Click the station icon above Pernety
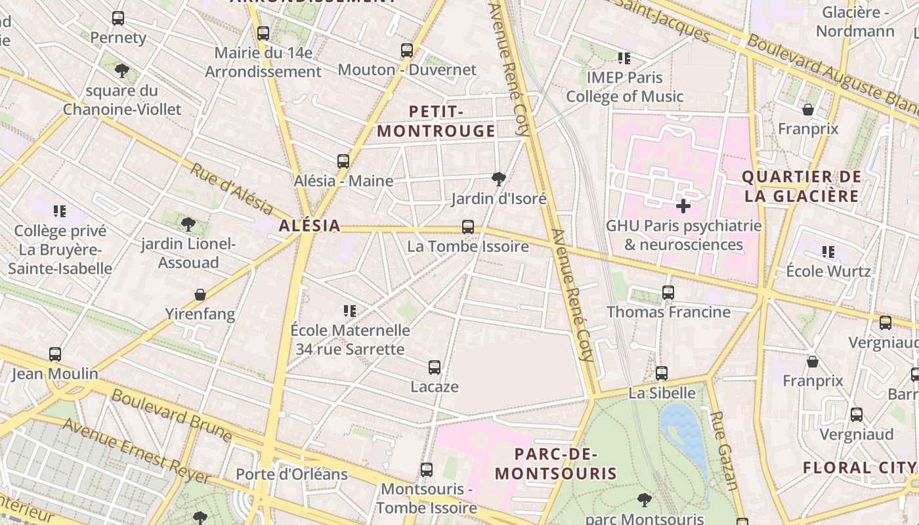coord(118,18)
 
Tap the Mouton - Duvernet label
coord(407,70)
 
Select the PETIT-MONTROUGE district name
coord(436,121)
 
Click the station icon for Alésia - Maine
coord(343,161)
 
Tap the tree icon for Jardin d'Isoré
coord(499,178)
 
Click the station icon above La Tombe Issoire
coord(468,227)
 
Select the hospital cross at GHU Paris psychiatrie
coord(683,206)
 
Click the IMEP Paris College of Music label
coord(624,87)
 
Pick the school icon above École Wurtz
coord(828,251)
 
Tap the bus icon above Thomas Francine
coord(668,293)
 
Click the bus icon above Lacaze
coord(435,367)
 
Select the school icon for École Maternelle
coord(350,310)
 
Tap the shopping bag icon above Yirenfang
coord(200,295)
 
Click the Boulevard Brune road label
coord(171,415)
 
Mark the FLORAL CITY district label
coord(859,468)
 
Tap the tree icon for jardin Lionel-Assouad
coord(188,224)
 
